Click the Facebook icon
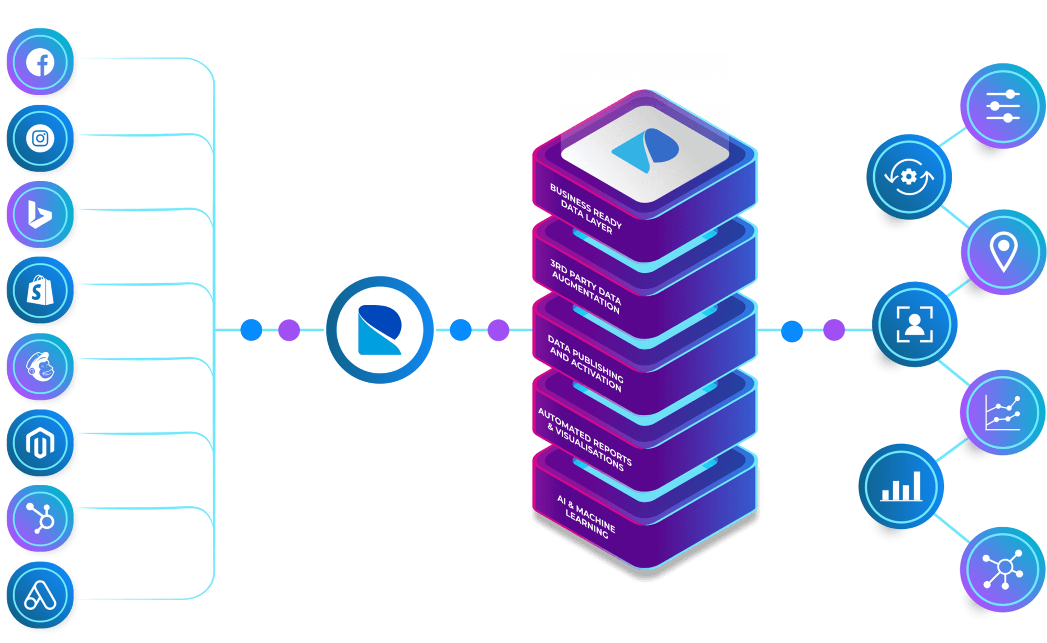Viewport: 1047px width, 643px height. [40, 62]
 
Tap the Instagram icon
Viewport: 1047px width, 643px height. [40, 139]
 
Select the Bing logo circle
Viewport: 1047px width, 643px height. [40, 215]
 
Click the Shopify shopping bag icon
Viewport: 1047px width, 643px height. [40, 290]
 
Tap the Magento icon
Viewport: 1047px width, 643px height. [40, 443]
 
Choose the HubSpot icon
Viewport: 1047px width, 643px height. [40, 518]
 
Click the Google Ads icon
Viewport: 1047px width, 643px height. [40, 595]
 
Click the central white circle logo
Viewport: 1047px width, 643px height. [380, 330]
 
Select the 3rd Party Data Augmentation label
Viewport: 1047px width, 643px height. [585, 286]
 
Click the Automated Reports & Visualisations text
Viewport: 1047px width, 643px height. [585, 440]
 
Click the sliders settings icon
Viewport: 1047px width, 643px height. [1003, 106]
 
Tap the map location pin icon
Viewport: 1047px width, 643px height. [1003, 252]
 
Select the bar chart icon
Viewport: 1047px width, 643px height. [901, 486]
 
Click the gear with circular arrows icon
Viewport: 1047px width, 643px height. [909, 176]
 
